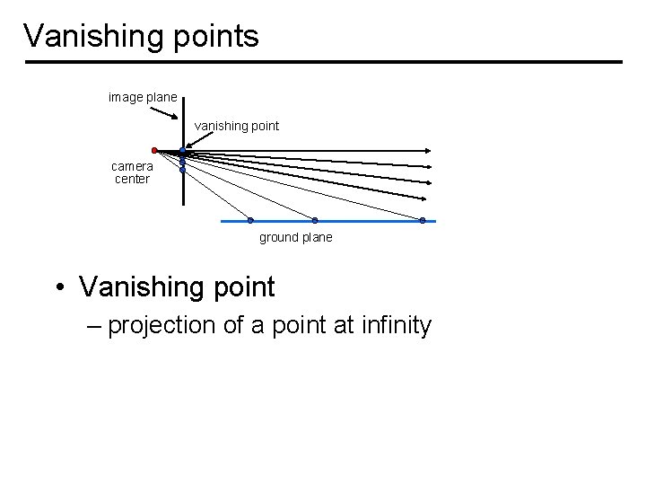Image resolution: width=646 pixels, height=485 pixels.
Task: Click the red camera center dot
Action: (x=154, y=150)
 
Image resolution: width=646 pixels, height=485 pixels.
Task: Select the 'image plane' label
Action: (x=142, y=96)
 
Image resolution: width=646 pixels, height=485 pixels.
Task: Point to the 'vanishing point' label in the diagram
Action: (x=237, y=127)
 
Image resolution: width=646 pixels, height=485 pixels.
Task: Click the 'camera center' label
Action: (x=132, y=172)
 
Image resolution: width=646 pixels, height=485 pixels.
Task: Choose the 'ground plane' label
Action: (x=295, y=237)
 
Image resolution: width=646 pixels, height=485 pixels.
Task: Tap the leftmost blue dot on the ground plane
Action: (x=250, y=220)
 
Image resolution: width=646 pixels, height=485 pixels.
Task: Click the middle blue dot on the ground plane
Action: (x=314, y=220)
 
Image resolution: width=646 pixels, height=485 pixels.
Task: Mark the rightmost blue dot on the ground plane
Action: (x=423, y=220)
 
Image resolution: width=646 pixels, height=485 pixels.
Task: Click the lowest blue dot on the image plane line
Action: (x=182, y=169)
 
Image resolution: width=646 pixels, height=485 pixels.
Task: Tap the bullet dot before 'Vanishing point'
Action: (x=58, y=288)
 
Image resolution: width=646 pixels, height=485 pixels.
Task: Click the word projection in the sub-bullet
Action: (x=161, y=325)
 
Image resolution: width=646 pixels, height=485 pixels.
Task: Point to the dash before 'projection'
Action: (x=95, y=325)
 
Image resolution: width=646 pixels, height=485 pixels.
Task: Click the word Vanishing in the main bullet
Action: (x=139, y=287)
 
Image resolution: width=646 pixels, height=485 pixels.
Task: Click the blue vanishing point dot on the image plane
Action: (x=182, y=152)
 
